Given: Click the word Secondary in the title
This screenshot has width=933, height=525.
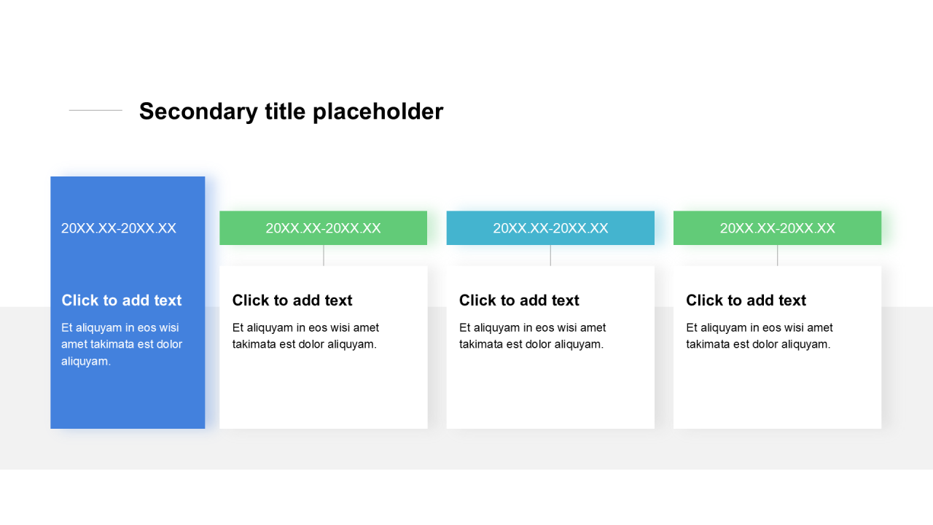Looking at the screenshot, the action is [x=199, y=112].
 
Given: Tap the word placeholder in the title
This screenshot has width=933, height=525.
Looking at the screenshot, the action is [x=378, y=112].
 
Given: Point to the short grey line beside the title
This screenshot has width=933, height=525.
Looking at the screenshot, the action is [x=95, y=110].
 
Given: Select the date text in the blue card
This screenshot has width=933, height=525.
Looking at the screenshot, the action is [x=119, y=228].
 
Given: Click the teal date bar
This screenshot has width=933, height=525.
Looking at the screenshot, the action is [x=550, y=228].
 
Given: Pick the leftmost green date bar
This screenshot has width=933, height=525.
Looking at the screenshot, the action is [x=323, y=228].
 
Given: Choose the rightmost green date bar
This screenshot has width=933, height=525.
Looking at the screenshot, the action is [x=777, y=228].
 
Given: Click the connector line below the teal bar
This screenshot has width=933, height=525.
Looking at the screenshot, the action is [x=550, y=255].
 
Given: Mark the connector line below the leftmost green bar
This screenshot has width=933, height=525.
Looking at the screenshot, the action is [x=323, y=255].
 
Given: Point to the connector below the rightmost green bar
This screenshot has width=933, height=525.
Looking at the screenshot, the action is [x=777, y=255].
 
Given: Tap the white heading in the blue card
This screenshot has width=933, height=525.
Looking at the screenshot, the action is [x=122, y=300].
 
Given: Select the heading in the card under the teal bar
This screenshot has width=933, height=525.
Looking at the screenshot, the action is [x=519, y=300].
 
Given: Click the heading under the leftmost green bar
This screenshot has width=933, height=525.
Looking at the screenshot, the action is [x=292, y=300].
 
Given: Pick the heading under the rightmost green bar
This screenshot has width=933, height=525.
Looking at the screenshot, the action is [x=746, y=300].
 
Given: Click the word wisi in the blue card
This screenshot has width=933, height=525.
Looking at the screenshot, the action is [x=169, y=327].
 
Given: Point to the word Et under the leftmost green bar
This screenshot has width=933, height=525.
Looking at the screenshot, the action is [x=238, y=327].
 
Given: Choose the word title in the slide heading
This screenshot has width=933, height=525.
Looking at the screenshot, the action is [x=285, y=112].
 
